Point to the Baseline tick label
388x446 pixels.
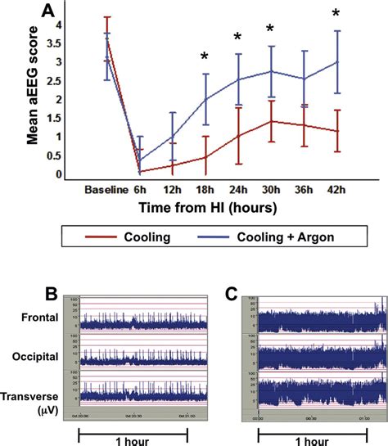[106, 189]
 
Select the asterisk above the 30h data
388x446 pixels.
[269, 29]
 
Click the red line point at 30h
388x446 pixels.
[269, 121]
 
